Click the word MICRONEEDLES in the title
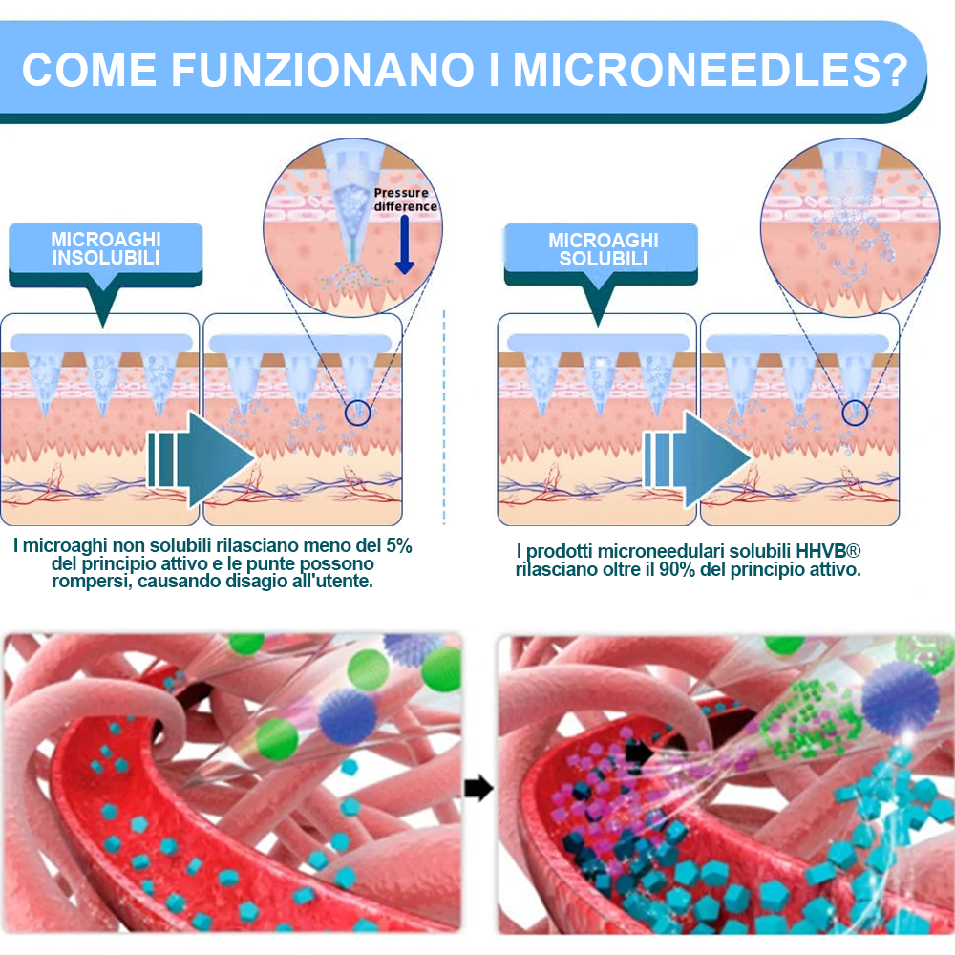(711, 70)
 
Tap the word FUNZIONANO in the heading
(322, 70)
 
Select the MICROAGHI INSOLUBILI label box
(105, 255)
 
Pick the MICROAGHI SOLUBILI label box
(601, 254)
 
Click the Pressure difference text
(405, 200)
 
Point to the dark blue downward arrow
(404, 244)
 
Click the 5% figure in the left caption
(399, 545)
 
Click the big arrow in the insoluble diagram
(201, 459)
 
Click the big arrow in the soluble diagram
(697, 459)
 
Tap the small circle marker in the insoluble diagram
(357, 413)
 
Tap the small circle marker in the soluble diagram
(855, 413)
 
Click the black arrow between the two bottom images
(478, 788)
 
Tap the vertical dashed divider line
(444, 417)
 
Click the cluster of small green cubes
(808, 719)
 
